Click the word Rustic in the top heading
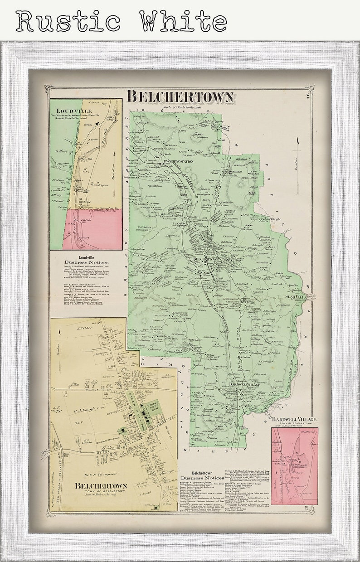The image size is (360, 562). (x=68, y=21)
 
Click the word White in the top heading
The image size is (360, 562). (x=183, y=21)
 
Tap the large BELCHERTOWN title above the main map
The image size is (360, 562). (x=180, y=97)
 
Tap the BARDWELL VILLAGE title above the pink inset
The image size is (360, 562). (x=294, y=419)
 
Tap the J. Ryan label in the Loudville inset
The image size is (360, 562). (x=93, y=140)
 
